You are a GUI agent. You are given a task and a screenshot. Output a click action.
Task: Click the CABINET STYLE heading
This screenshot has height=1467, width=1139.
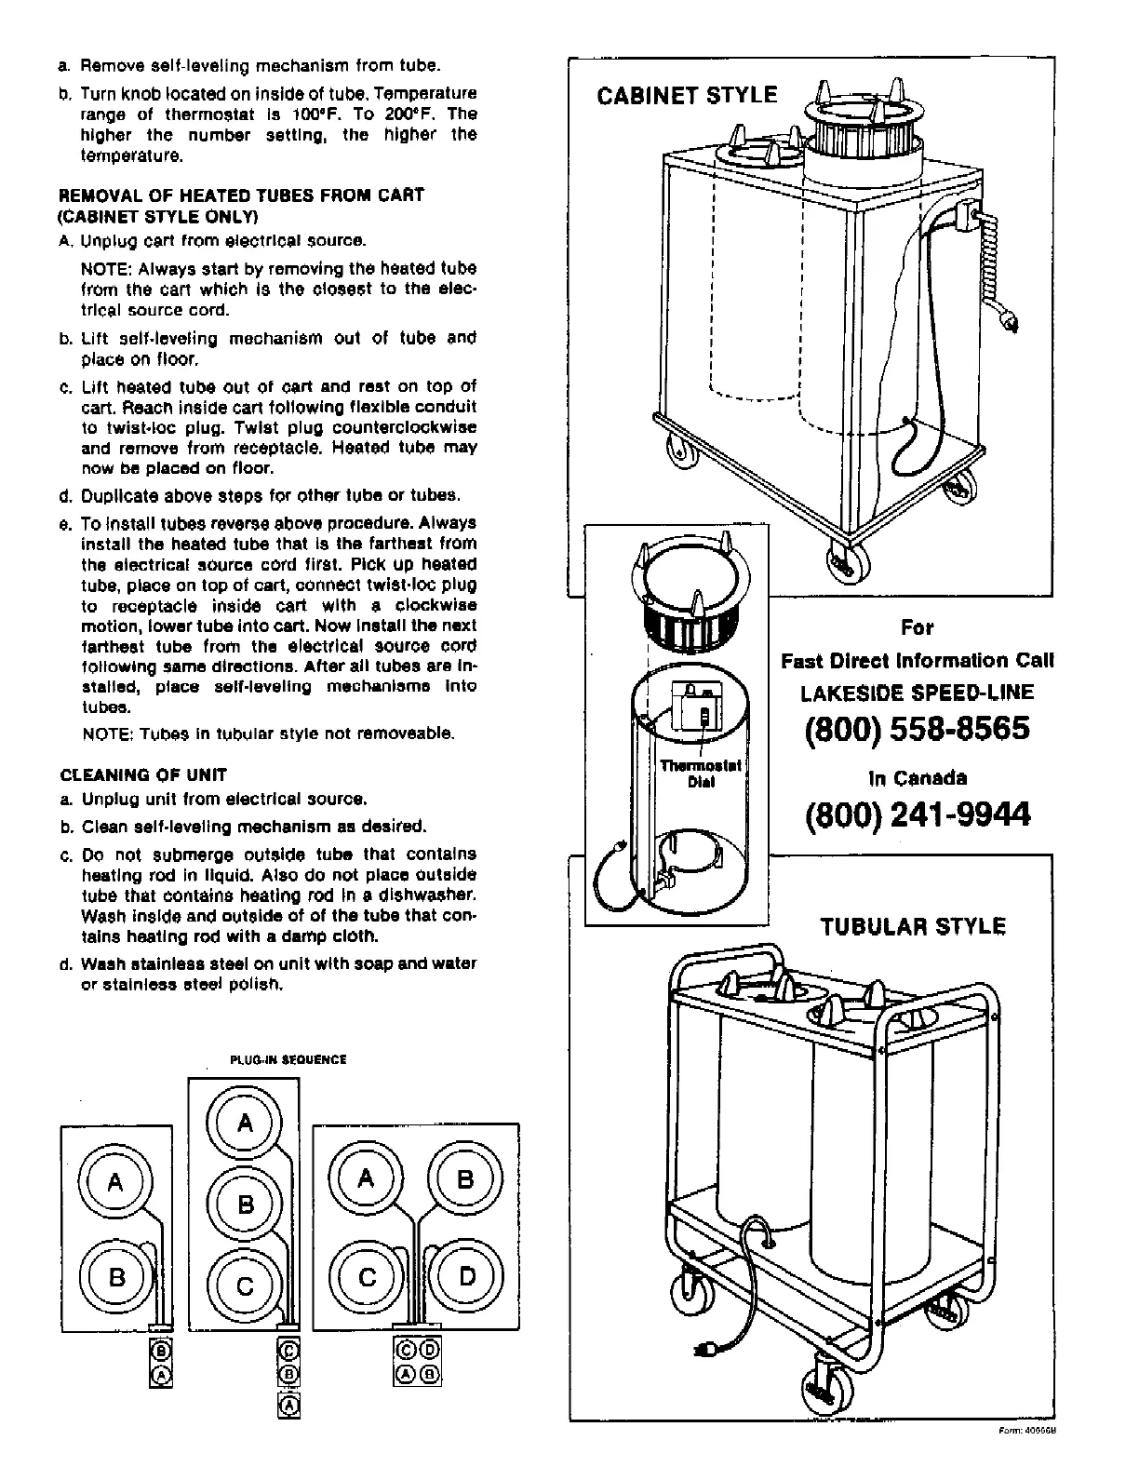pyautogui.click(x=687, y=96)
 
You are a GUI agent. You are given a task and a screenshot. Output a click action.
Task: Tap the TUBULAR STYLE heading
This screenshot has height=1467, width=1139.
pyautogui.click(x=912, y=926)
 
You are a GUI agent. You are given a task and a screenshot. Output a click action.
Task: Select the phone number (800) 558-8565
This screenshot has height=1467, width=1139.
pyautogui.click(x=917, y=728)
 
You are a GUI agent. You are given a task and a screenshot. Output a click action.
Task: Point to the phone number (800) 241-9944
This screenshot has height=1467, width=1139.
pyautogui.click(x=917, y=814)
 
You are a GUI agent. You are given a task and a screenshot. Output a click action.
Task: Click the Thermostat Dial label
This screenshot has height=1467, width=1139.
pyautogui.click(x=700, y=774)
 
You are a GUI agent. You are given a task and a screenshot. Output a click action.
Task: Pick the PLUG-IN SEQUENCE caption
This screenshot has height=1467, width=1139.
pyautogui.click(x=288, y=1059)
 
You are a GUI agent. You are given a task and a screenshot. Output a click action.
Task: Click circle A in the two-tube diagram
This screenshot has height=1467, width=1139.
pyautogui.click(x=115, y=1183)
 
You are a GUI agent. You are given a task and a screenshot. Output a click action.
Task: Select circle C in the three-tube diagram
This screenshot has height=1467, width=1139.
pyautogui.click(x=246, y=1286)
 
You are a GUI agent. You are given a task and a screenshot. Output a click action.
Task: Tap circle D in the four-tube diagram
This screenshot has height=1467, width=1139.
pyautogui.click(x=466, y=1276)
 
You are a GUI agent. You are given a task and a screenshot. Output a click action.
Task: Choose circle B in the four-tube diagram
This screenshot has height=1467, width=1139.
pyautogui.click(x=465, y=1179)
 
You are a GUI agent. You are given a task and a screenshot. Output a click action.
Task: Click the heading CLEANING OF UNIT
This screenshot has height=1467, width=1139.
pyautogui.click(x=143, y=774)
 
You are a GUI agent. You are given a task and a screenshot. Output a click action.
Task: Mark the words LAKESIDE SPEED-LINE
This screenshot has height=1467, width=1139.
pyautogui.click(x=917, y=693)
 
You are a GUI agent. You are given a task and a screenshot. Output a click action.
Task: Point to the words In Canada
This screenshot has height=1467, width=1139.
pyautogui.click(x=917, y=778)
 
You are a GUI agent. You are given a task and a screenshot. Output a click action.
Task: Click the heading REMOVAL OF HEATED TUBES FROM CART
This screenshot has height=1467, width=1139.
pyautogui.click(x=242, y=195)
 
